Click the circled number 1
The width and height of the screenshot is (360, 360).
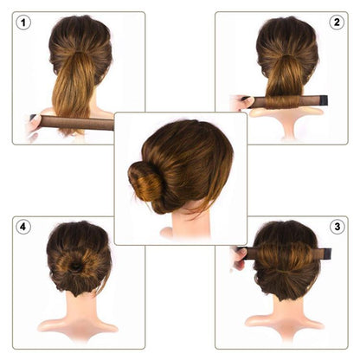[x=23, y=22]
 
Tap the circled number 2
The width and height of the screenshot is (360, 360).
[x=337, y=22]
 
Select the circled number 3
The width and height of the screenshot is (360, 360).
[x=337, y=227]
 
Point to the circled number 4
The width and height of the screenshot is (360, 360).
[x=23, y=227]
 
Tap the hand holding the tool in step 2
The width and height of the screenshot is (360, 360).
[x=241, y=103]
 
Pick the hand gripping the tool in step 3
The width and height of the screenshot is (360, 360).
[x=239, y=257]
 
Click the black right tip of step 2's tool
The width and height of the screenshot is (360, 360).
[x=331, y=102]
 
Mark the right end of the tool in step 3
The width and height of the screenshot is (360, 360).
[x=329, y=254]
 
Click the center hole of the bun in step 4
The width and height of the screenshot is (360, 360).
[x=77, y=267]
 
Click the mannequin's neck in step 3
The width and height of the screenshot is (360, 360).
[x=286, y=307]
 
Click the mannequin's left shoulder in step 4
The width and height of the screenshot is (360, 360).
[x=48, y=327]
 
